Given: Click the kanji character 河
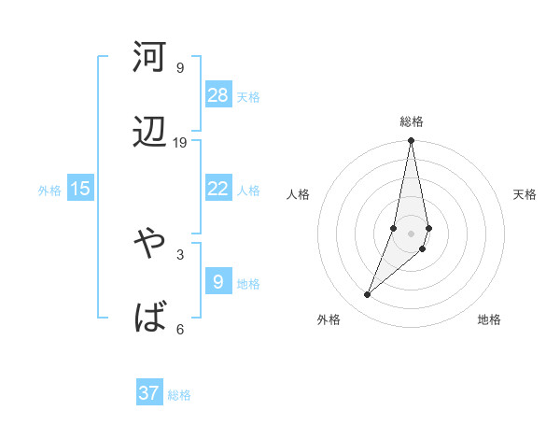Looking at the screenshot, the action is click(x=150, y=57).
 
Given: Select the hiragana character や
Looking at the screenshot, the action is click(x=150, y=242).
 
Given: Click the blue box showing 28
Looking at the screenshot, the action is click(x=218, y=94).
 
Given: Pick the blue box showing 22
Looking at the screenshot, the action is click(x=218, y=189).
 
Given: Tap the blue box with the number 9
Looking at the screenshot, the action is click(x=218, y=280).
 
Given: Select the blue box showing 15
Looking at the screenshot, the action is click(x=80, y=189).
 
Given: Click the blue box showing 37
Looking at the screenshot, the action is click(x=149, y=393).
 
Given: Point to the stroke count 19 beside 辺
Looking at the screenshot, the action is click(x=180, y=143).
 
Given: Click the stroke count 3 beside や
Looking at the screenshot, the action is click(x=180, y=253).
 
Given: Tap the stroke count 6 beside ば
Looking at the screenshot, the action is click(x=180, y=329).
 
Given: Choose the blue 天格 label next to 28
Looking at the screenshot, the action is click(x=248, y=97).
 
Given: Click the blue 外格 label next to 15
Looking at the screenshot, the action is click(x=49, y=191).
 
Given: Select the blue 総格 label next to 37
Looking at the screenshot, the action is click(x=179, y=395).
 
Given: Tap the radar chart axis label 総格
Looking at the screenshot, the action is click(x=412, y=121).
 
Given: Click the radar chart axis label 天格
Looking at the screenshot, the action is click(x=525, y=194).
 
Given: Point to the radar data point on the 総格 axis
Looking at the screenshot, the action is click(x=411, y=141).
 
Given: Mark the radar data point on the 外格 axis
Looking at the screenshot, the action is click(x=367, y=294).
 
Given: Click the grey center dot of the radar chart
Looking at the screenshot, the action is click(x=411, y=234).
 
